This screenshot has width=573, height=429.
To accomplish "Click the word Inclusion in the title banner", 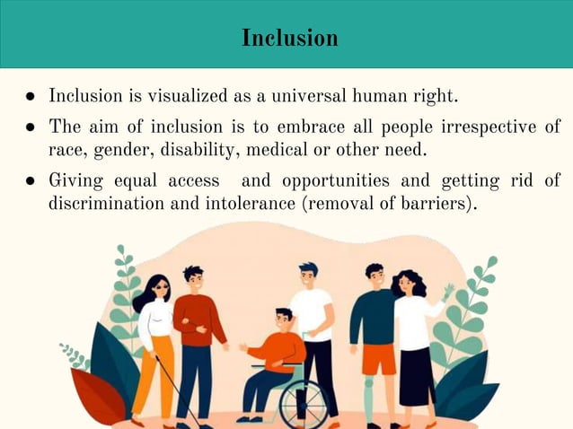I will (290, 39).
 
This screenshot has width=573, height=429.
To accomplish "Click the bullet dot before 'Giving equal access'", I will (31, 180).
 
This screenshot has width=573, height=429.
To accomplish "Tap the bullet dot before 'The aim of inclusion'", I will (31, 127).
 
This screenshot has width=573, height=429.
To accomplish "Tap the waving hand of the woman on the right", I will (447, 292).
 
